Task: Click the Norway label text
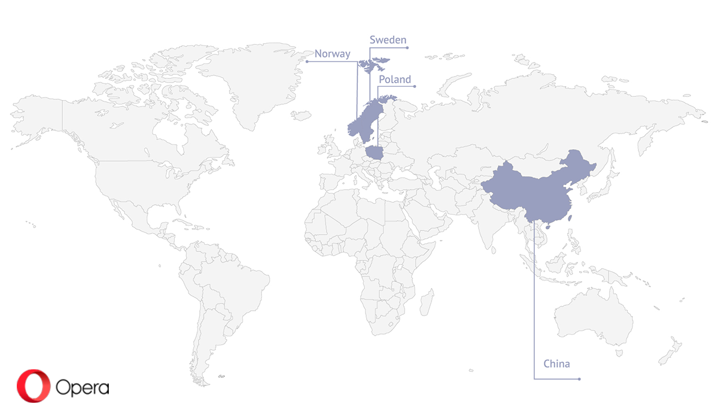coord(332,54)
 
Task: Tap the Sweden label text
coord(388,40)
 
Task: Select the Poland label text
coord(394,79)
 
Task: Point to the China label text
coord(556,364)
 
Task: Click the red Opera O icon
coord(33,385)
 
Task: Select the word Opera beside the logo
coord(83,387)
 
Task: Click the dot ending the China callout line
coord(579,379)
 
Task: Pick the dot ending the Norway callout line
coord(306,61)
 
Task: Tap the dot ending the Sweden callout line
coord(407,47)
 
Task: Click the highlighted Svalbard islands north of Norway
coord(373,63)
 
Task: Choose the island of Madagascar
coord(427,302)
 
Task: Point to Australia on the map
coord(592,317)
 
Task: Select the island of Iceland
coord(302,115)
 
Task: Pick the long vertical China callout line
coord(534,299)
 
